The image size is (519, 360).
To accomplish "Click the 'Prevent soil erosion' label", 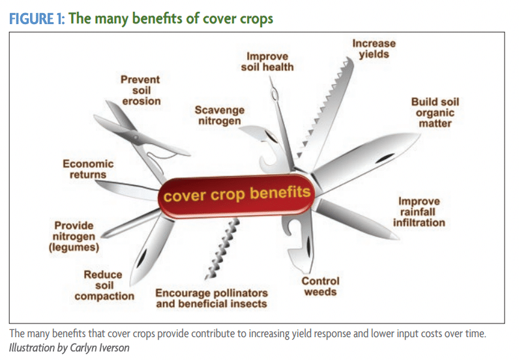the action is click(x=141, y=91).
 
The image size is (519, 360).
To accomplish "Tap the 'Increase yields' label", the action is click(x=374, y=49).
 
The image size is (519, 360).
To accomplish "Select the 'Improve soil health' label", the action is click(x=267, y=61).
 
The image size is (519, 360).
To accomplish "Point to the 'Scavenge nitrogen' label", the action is click(x=220, y=115).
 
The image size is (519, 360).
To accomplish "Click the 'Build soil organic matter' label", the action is click(x=435, y=113).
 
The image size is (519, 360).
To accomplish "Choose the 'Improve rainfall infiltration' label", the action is click(x=419, y=212).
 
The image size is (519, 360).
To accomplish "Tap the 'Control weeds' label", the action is click(x=320, y=286).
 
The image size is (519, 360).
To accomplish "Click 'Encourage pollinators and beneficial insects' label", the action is click(x=211, y=299).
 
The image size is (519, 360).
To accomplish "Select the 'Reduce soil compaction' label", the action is click(x=104, y=285).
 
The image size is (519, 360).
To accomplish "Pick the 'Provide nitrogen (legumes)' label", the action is click(x=74, y=237).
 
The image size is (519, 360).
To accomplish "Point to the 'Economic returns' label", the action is click(x=88, y=169).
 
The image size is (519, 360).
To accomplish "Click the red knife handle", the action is click(x=236, y=196).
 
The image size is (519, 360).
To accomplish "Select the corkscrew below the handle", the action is click(x=222, y=249).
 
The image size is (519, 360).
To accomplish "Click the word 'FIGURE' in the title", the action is click(x=31, y=18).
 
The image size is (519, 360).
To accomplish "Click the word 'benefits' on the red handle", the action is click(x=280, y=192).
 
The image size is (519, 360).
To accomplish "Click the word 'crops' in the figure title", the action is click(x=256, y=19).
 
